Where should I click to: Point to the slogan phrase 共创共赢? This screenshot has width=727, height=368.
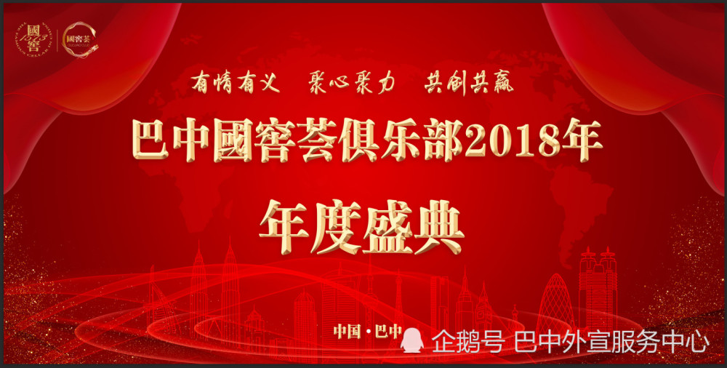(x=469, y=83)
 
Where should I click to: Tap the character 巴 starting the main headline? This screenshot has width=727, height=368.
(x=148, y=144)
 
